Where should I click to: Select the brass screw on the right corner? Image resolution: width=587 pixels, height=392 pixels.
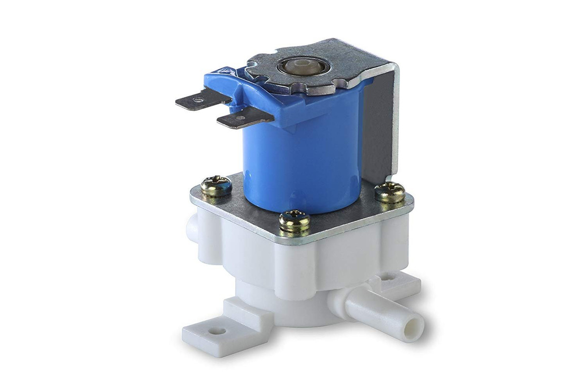(x=389, y=193)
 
